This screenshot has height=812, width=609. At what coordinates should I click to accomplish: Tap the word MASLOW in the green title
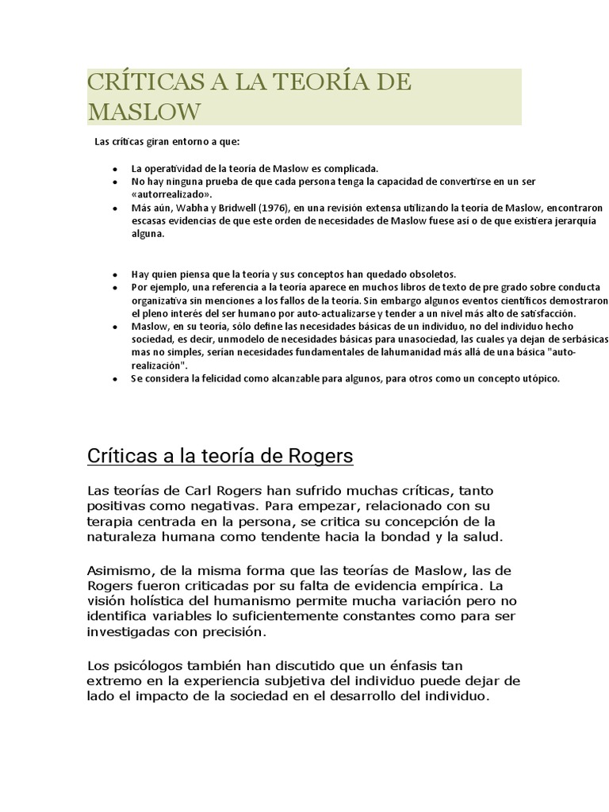[144, 112]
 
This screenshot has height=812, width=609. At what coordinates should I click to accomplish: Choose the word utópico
[540, 378]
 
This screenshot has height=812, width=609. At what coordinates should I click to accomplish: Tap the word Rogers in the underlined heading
[313, 458]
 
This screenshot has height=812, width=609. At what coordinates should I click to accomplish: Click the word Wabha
[182, 208]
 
